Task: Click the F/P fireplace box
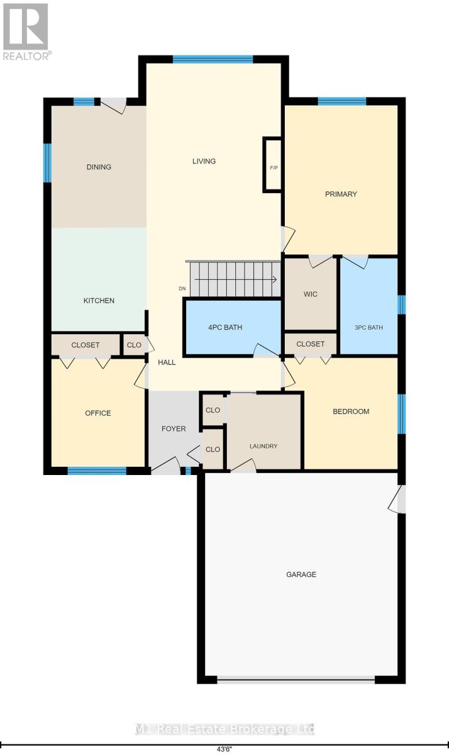click(x=274, y=165)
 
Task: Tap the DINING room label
click(x=99, y=167)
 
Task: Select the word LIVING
click(x=204, y=161)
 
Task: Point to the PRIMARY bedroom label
click(x=341, y=194)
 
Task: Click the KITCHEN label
click(x=99, y=300)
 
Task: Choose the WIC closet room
click(x=311, y=294)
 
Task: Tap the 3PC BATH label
click(x=369, y=327)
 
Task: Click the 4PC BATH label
click(x=225, y=327)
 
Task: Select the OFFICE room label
click(x=98, y=413)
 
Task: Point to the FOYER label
click(x=174, y=428)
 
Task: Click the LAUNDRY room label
click(x=263, y=446)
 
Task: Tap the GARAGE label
click(x=301, y=574)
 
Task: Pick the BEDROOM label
click(x=351, y=411)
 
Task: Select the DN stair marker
click(x=182, y=289)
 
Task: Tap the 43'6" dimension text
click(x=224, y=749)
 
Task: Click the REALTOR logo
click(x=26, y=31)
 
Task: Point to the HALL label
click(x=167, y=362)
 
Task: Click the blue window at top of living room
click(x=213, y=59)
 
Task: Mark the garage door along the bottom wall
click(x=296, y=679)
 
